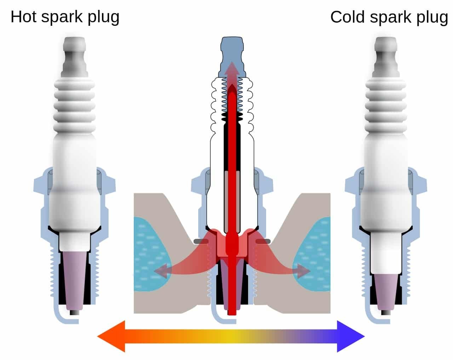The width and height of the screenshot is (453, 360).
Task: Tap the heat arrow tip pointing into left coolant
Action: [157, 271]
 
